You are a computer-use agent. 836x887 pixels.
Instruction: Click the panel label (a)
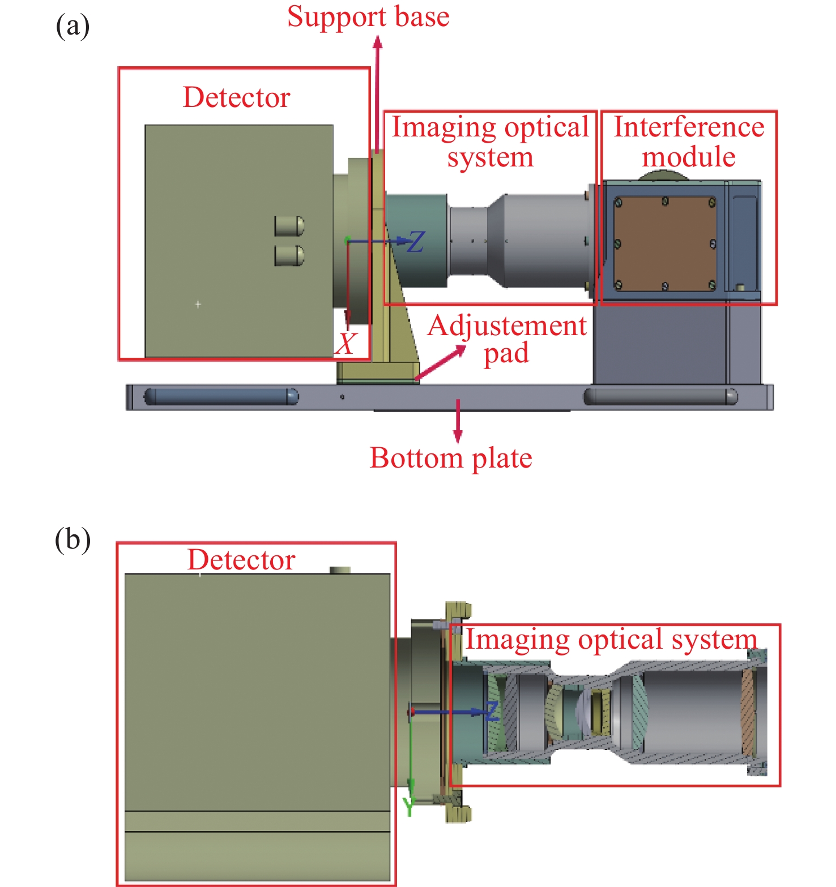click(72, 27)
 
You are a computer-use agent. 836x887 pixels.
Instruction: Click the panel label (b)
click(72, 539)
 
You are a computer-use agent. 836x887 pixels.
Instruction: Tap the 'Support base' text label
click(368, 16)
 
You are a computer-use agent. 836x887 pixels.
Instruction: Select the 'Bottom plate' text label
click(451, 458)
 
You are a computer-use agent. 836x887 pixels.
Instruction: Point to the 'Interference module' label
click(689, 142)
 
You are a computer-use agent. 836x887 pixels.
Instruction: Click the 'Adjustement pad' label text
click(507, 340)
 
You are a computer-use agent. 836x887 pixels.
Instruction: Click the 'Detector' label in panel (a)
click(236, 97)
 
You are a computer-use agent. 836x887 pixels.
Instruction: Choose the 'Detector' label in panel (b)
click(241, 560)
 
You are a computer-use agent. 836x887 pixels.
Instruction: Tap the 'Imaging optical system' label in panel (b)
click(611, 640)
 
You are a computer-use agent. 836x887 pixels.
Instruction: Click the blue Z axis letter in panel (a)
click(416, 242)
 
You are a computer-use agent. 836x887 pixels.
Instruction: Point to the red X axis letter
click(346, 344)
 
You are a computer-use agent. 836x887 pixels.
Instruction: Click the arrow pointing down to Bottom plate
click(458, 421)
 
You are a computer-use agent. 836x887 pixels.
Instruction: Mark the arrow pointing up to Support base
click(377, 93)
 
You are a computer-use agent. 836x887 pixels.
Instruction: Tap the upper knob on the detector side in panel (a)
click(289, 226)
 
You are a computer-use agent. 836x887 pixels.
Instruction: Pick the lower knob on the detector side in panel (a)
click(289, 255)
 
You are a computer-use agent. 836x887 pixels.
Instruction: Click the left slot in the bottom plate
click(221, 396)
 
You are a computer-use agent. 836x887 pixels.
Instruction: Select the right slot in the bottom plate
click(660, 396)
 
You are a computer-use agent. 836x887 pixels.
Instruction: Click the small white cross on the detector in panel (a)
click(198, 305)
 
